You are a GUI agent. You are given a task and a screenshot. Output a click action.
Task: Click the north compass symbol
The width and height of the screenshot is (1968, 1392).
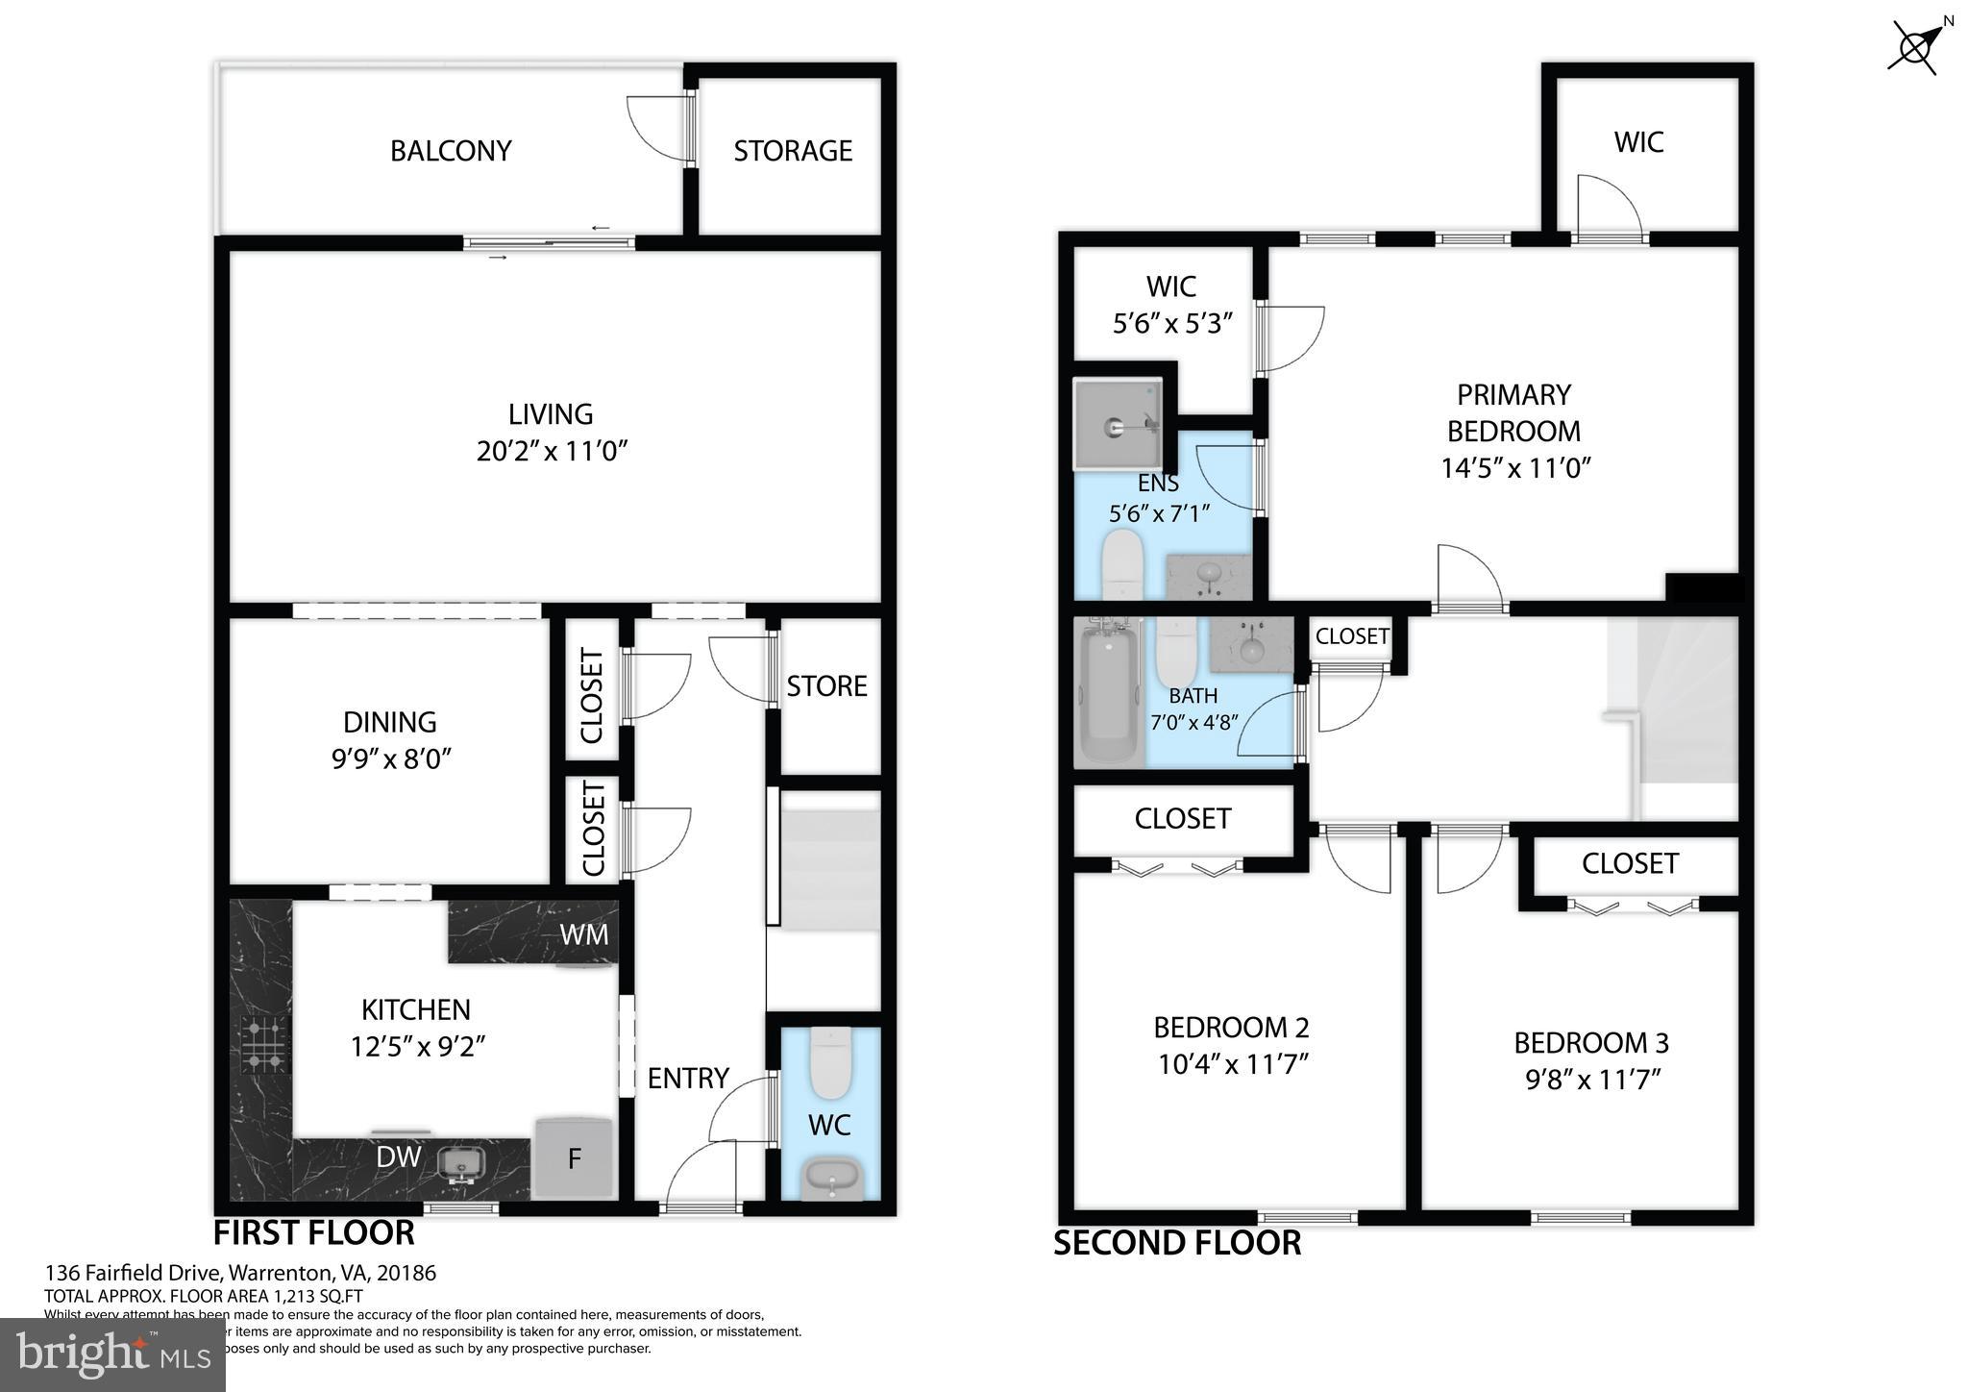click(x=1916, y=46)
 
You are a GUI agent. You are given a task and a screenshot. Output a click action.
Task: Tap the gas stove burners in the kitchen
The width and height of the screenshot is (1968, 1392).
click(x=264, y=1045)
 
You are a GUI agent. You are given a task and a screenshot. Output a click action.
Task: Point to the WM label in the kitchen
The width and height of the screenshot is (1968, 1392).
click(x=584, y=933)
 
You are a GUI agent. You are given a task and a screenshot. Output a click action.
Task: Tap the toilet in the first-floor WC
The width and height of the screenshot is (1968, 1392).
click(x=826, y=1063)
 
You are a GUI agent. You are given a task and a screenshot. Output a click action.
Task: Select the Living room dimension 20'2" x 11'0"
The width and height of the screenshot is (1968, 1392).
click(x=552, y=451)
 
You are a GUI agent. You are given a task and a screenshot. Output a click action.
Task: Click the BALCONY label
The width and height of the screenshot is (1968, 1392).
click(x=451, y=151)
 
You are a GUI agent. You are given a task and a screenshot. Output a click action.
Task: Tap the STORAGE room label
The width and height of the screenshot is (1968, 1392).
click(x=793, y=151)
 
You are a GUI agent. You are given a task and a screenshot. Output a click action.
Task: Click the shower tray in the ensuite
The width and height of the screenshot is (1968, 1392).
click(x=1117, y=424)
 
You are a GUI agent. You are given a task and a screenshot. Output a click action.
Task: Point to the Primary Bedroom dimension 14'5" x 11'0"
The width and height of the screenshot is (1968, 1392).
click(x=1515, y=468)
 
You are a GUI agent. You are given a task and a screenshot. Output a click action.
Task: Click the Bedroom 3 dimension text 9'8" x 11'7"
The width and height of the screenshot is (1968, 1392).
click(x=1592, y=1080)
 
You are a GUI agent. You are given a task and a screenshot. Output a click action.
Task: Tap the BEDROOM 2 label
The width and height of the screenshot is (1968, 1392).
click(x=1231, y=1028)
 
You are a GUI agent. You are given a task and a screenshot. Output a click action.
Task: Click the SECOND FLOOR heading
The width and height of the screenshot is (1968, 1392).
click(x=1177, y=1243)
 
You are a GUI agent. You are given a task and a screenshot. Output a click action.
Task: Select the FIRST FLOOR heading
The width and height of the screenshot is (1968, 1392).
click(x=313, y=1232)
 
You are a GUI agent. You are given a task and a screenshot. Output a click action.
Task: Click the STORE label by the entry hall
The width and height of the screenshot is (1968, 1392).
click(x=826, y=685)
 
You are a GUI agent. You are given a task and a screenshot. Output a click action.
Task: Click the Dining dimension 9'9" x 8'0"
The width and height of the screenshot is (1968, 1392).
click(x=390, y=759)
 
